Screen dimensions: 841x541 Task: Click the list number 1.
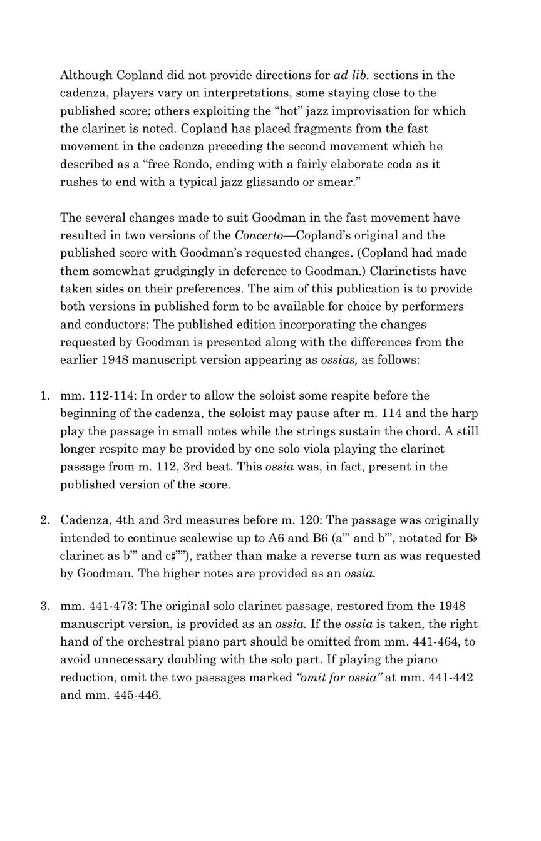click(44, 396)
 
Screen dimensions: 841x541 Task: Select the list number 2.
click(44, 520)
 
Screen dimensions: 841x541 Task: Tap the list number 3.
click(44, 606)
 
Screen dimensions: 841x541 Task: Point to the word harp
click(466, 413)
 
